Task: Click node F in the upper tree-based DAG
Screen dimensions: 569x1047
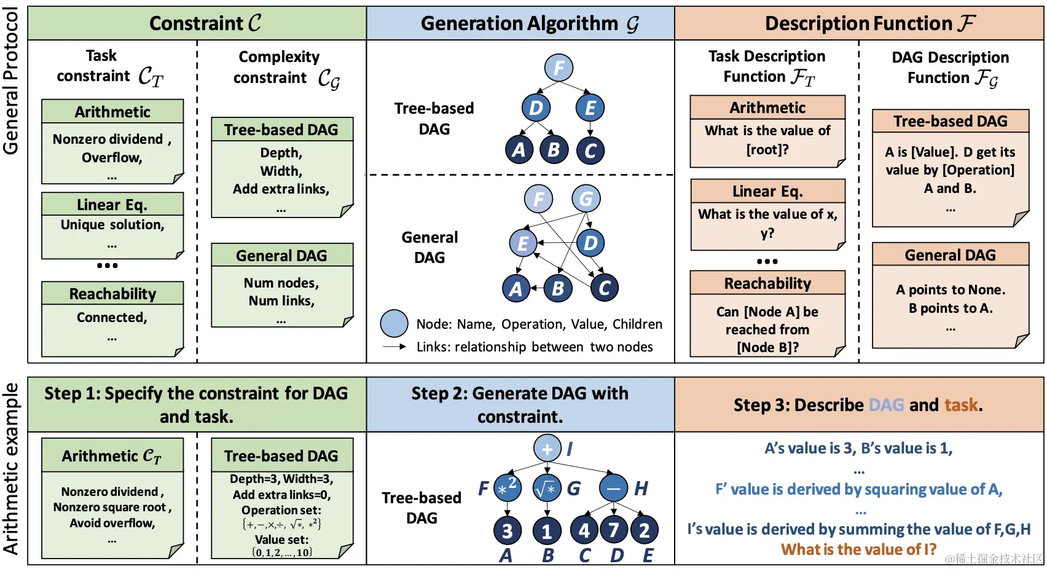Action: pyautogui.click(x=559, y=68)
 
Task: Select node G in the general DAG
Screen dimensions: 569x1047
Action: pyautogui.click(x=586, y=199)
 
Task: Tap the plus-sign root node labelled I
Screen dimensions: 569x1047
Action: pyautogui.click(x=547, y=449)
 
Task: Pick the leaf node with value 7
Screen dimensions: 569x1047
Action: pyautogui.click(x=614, y=530)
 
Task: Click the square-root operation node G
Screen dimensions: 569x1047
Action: pyautogui.click(x=547, y=489)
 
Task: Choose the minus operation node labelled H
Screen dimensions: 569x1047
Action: pyautogui.click(x=613, y=489)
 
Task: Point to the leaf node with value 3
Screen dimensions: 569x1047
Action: pyautogui.click(x=508, y=530)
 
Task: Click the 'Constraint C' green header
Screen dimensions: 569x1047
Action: pyautogui.click(x=205, y=23)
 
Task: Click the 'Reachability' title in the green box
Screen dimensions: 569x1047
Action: pyautogui.click(x=112, y=294)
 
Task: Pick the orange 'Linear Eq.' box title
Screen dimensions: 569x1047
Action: pyautogui.click(x=767, y=191)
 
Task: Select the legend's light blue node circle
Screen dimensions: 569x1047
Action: pyautogui.click(x=394, y=324)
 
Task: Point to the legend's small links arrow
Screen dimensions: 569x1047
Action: pyautogui.click(x=394, y=347)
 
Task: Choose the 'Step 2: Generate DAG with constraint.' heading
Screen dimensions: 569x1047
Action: pyautogui.click(x=520, y=404)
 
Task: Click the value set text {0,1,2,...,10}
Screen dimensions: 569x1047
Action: pyautogui.click(x=282, y=552)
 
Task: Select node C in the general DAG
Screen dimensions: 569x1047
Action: pyautogui.click(x=604, y=288)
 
